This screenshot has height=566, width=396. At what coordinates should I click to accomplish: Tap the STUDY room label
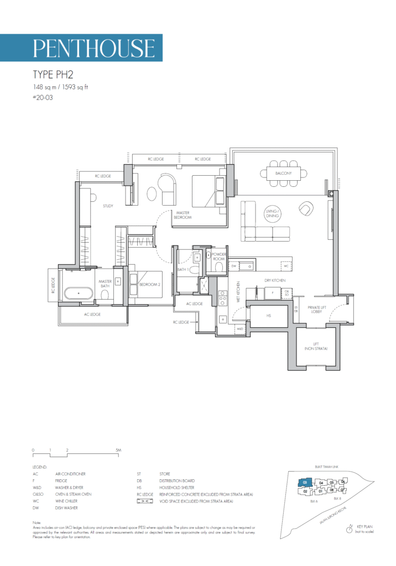(108, 206)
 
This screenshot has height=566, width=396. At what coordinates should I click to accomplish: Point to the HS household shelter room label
(268, 316)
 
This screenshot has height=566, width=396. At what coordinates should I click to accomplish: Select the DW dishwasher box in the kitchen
(233, 266)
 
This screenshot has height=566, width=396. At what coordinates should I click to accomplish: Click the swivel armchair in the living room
(306, 209)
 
